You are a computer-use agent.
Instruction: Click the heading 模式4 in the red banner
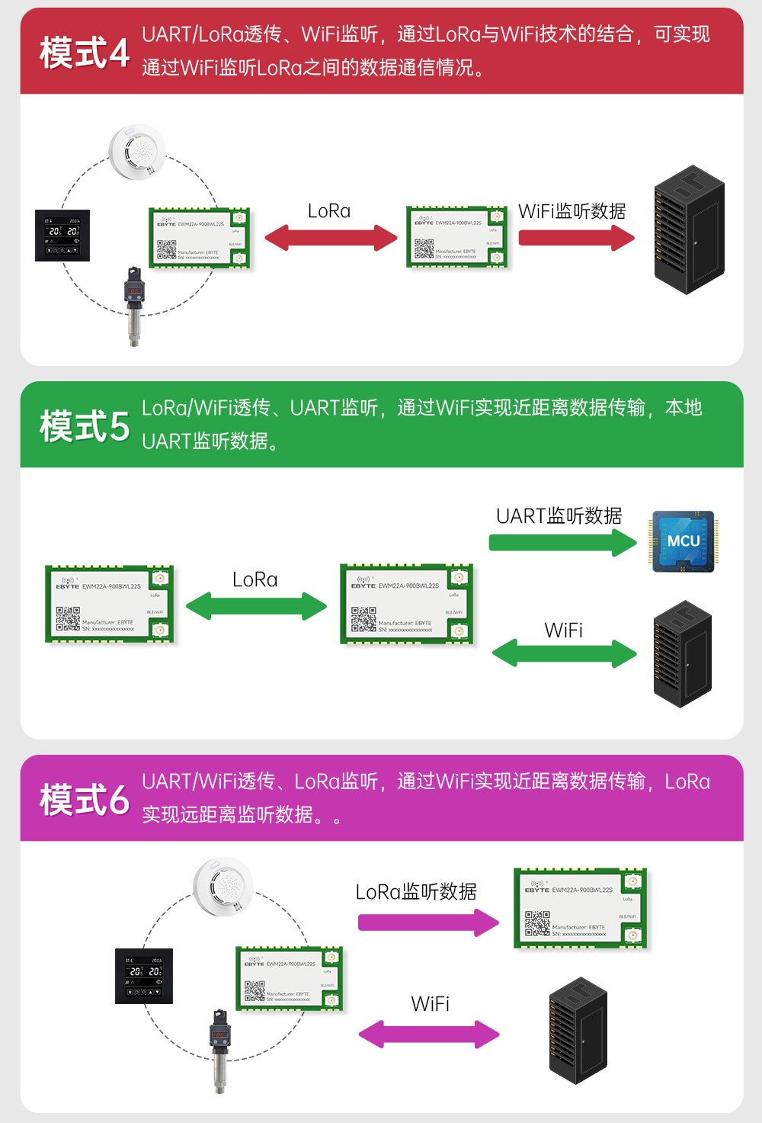85,53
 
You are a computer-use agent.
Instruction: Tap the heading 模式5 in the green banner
85,426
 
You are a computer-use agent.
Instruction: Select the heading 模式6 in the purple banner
85,800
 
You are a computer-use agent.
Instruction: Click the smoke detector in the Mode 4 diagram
137,152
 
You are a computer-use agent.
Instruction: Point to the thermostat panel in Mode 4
62,236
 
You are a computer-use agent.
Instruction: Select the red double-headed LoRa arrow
331,237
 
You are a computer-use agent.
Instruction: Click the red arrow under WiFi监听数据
576,238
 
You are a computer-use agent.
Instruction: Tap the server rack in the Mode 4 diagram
689,230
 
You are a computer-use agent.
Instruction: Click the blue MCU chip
683,541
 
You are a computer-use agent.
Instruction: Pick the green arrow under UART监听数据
562,543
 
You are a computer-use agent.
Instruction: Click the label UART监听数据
559,516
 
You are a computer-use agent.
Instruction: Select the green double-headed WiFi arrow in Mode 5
564,653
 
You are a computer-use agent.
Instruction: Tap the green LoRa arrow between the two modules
256,606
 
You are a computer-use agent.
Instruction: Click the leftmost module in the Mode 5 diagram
110,604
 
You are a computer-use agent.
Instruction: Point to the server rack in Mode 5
682,654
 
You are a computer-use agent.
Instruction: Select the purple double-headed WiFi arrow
429,1035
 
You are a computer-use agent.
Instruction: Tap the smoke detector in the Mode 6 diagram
223,886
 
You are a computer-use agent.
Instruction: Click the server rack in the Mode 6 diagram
578,1031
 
